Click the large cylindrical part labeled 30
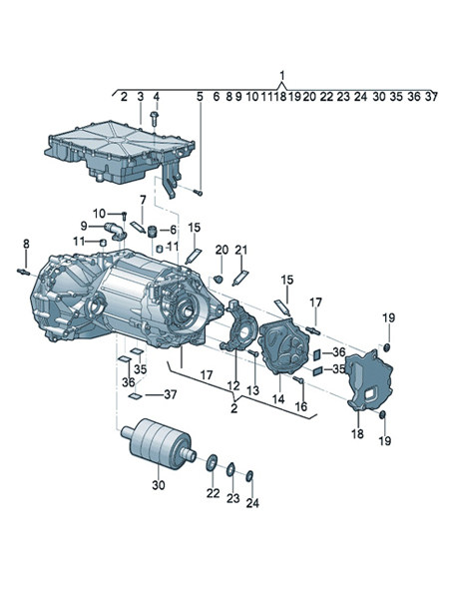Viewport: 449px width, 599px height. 159,443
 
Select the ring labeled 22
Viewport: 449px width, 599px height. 212,462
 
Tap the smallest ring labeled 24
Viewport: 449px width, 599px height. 249,475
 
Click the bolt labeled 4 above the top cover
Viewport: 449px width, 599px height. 155,119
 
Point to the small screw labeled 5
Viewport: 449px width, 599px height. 199,193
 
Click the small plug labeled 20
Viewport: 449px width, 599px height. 219,279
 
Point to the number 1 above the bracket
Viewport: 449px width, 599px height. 282,75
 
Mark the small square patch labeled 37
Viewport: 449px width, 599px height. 135,396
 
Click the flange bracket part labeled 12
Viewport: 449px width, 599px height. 238,324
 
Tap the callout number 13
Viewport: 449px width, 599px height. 252,390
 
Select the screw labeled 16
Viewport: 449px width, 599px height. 298,379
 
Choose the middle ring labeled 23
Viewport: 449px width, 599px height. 230,469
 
